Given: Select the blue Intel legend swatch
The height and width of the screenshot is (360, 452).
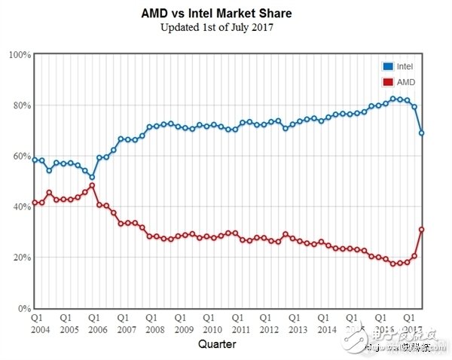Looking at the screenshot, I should click(x=388, y=67).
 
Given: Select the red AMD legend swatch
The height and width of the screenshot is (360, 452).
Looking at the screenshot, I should click(x=388, y=81).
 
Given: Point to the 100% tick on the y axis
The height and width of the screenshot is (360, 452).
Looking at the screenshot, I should click(x=20, y=55).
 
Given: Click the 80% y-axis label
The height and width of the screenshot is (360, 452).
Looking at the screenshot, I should click(x=20, y=105).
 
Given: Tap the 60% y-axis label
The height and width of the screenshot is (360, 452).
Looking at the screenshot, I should click(x=20, y=157).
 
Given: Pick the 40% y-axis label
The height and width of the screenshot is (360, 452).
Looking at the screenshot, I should click(x=20, y=207).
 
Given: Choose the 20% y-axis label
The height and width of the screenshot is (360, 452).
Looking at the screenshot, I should click(x=20, y=258).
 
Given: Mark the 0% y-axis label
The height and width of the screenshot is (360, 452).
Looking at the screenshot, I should click(x=23, y=309).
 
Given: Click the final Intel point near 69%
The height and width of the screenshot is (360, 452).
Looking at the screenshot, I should click(x=422, y=133).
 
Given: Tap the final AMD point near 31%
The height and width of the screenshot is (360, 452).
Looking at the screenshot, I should click(x=422, y=230).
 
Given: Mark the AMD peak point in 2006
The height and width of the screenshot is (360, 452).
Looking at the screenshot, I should click(x=92, y=185).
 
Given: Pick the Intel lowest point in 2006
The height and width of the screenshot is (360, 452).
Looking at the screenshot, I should click(x=92, y=177).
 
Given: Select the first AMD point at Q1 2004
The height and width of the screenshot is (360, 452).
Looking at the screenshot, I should click(x=35, y=203).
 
